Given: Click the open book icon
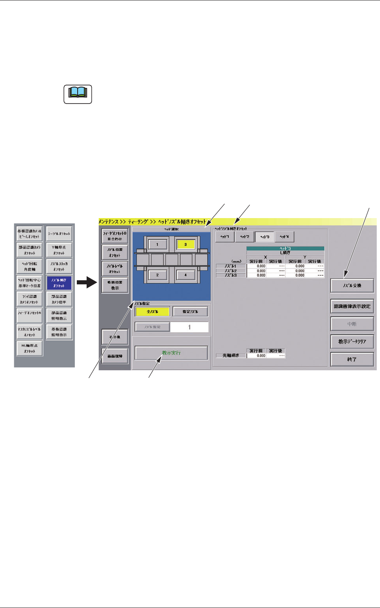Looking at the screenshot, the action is [78, 94].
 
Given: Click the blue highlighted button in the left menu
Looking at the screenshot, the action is [59, 283].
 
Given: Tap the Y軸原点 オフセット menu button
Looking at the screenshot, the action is [59, 250].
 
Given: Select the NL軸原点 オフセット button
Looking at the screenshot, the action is [29, 348].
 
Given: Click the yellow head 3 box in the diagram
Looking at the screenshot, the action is [185, 245].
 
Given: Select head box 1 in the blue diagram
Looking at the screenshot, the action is [157, 245].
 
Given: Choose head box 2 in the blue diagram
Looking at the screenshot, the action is [157, 275].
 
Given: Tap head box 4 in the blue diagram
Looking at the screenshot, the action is [185, 275].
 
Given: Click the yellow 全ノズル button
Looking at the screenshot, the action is [152, 312].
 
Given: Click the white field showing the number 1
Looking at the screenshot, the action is [189, 327].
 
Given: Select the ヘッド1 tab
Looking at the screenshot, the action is [225, 237].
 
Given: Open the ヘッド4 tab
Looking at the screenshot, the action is [284, 237].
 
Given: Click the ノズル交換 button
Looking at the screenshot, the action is [352, 286].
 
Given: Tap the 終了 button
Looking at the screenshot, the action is [352, 359].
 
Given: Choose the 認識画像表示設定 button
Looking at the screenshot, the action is [352, 306].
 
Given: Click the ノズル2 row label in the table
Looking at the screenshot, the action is [231, 271].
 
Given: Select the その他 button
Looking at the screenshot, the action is [115, 337].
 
